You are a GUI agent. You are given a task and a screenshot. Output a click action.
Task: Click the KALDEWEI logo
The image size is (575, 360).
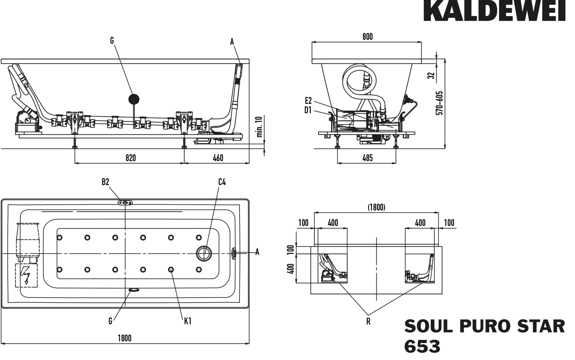pyautogui.click(x=494, y=11)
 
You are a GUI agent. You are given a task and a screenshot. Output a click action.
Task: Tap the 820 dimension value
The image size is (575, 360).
pyautogui.click(x=131, y=158)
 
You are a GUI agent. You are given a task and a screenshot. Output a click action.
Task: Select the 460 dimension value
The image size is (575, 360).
pyautogui.click(x=218, y=158)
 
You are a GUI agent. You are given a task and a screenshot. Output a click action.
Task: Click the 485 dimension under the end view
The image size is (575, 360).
pyautogui.click(x=367, y=158)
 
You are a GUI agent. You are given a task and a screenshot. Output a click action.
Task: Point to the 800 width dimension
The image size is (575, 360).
pyautogui.click(x=368, y=36)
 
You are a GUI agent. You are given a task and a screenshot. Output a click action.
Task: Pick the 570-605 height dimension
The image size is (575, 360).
pyautogui.click(x=440, y=103)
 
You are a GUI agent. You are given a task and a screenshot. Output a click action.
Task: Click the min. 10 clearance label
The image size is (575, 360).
pyautogui.click(x=260, y=127)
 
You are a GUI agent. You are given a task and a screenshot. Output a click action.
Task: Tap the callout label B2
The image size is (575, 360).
pyautogui.click(x=105, y=182)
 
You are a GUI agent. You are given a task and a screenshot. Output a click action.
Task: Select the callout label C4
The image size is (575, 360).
pyautogui.click(x=222, y=182)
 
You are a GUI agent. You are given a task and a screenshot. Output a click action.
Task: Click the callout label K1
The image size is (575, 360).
pyautogui.click(x=188, y=321)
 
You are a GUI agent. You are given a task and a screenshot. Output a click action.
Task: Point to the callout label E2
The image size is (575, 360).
pyautogui.click(x=308, y=100)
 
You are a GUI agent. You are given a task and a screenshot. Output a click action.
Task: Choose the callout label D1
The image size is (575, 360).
pyautogui.click(x=308, y=110)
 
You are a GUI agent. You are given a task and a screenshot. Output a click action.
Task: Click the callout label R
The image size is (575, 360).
pyautogui.click(x=368, y=322)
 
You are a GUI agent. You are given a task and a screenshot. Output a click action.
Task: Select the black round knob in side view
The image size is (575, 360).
pyautogui.click(x=134, y=99)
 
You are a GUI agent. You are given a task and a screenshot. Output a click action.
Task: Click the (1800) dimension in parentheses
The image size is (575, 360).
pyautogui.click(x=376, y=207)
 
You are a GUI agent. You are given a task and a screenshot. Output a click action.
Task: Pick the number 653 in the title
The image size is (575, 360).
pyautogui.click(x=422, y=347)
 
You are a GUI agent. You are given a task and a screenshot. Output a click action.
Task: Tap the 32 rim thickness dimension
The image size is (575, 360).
pyautogui.click(x=432, y=75)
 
